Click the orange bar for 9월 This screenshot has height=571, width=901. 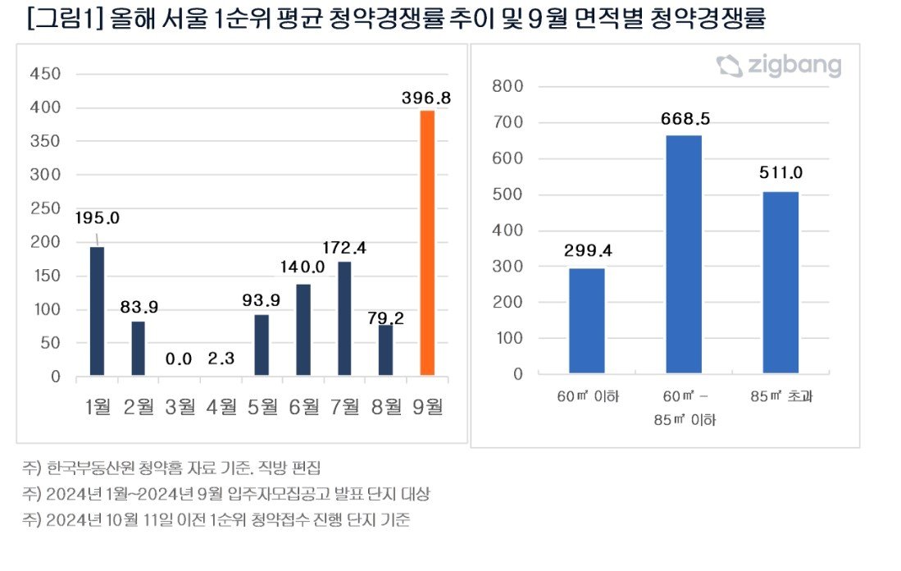(427, 244)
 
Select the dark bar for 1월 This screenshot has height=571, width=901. (97, 312)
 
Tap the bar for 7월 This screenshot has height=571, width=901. (344, 319)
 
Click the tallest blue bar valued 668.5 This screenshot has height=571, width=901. (683, 254)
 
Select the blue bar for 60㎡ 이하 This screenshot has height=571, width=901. (586, 321)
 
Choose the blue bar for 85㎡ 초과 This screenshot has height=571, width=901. (780, 282)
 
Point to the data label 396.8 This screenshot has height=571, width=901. (426, 98)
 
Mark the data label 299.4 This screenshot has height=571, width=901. (586, 250)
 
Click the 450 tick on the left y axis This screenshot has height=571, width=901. (45, 75)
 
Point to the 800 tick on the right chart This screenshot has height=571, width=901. (507, 87)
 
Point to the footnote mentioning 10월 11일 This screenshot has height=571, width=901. (217, 520)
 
